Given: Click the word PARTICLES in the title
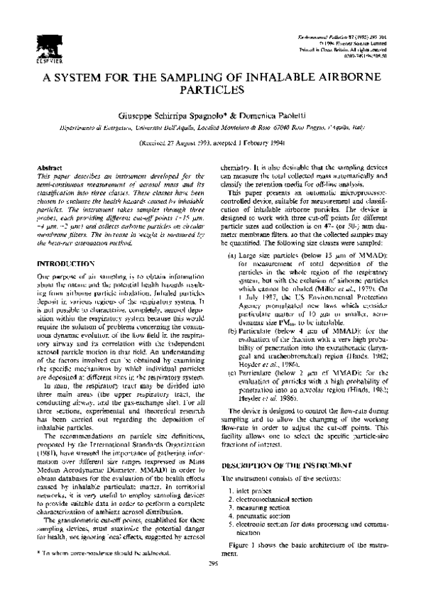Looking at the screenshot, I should tap(212, 92).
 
